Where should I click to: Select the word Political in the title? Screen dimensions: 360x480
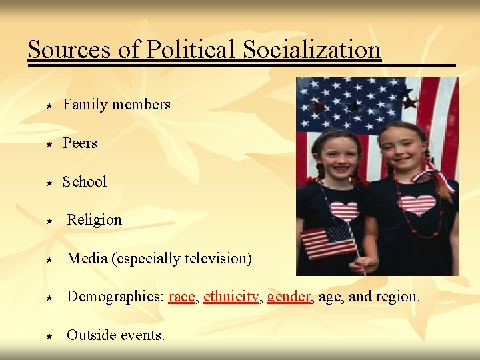coord(191,49)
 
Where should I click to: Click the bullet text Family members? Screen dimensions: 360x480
coord(117,104)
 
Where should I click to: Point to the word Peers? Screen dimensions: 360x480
coord(80,143)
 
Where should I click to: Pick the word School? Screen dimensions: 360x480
coord(85,181)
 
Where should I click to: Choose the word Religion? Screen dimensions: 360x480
coord(95,220)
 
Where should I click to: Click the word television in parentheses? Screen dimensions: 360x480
coord(214,258)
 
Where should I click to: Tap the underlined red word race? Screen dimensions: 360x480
coord(182,297)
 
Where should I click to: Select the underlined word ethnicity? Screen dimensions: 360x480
coord(231,297)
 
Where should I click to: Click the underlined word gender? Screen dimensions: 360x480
coord(289,297)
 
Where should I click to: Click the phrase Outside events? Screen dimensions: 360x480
coord(115,335)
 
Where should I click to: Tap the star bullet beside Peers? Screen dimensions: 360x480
coord(49,144)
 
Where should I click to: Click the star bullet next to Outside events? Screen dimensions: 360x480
coord(49,336)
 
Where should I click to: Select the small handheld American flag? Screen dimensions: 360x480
coord(328,241)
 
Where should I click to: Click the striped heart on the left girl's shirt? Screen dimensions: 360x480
coord(345,211)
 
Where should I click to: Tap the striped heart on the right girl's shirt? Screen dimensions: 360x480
coord(418,205)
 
